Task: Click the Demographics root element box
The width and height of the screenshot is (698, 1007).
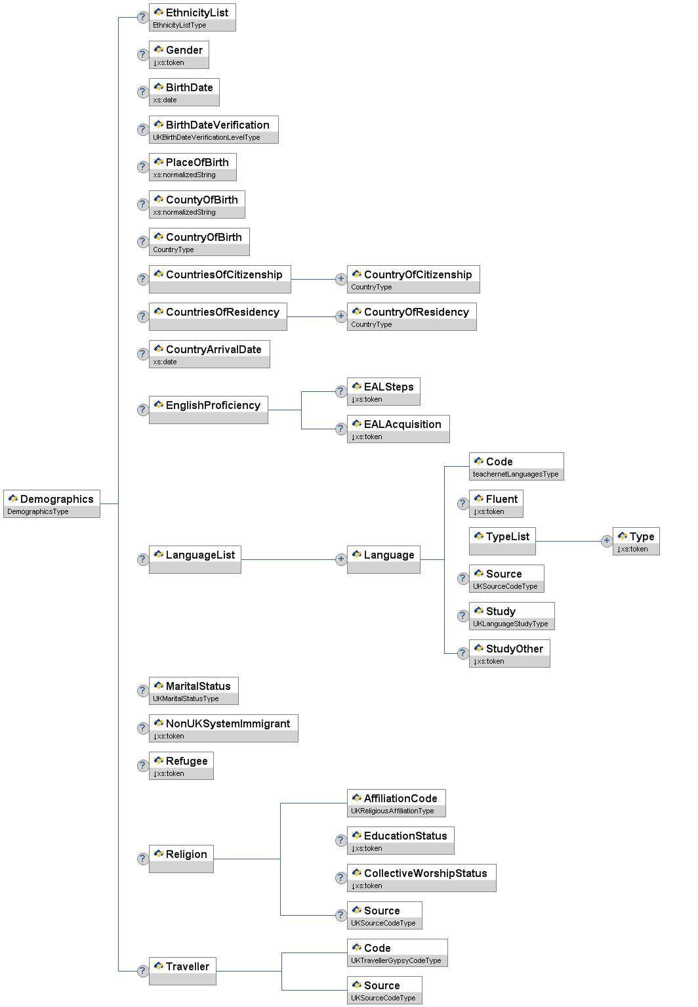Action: [52, 503]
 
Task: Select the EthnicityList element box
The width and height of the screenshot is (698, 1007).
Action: [192, 17]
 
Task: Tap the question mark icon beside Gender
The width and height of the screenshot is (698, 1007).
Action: [142, 54]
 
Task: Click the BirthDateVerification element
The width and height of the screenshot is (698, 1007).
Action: [213, 129]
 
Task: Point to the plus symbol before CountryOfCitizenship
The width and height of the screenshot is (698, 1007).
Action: [340, 279]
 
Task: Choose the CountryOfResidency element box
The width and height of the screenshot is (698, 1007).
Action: [411, 316]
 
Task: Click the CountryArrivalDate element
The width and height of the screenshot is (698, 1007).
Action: [209, 354]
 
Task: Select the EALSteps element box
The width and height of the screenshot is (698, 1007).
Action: [383, 391]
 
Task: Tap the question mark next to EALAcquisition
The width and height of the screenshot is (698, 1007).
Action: [340, 429]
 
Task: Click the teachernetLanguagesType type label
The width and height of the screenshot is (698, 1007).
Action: [516, 474]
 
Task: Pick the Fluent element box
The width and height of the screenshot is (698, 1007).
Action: [496, 503]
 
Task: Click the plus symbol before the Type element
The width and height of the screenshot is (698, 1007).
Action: [606, 541]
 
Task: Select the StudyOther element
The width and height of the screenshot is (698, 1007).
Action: [509, 653]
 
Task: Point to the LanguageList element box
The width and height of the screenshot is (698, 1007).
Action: [195, 559]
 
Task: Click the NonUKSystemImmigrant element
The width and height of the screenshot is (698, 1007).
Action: [223, 728]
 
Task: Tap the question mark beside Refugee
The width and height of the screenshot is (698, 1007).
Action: [142, 765]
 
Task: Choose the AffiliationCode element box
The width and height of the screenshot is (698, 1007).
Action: [396, 803]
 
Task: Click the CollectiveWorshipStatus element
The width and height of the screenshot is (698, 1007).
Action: [421, 878]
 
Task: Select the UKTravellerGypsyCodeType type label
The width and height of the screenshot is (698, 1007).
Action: [396, 960]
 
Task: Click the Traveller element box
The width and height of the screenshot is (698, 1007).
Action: [182, 971]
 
